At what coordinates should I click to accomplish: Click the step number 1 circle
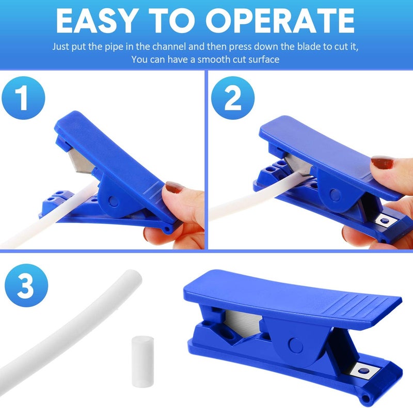point(23,98)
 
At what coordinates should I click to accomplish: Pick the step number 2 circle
point(233,98)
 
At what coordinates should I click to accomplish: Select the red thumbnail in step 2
point(382,164)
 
